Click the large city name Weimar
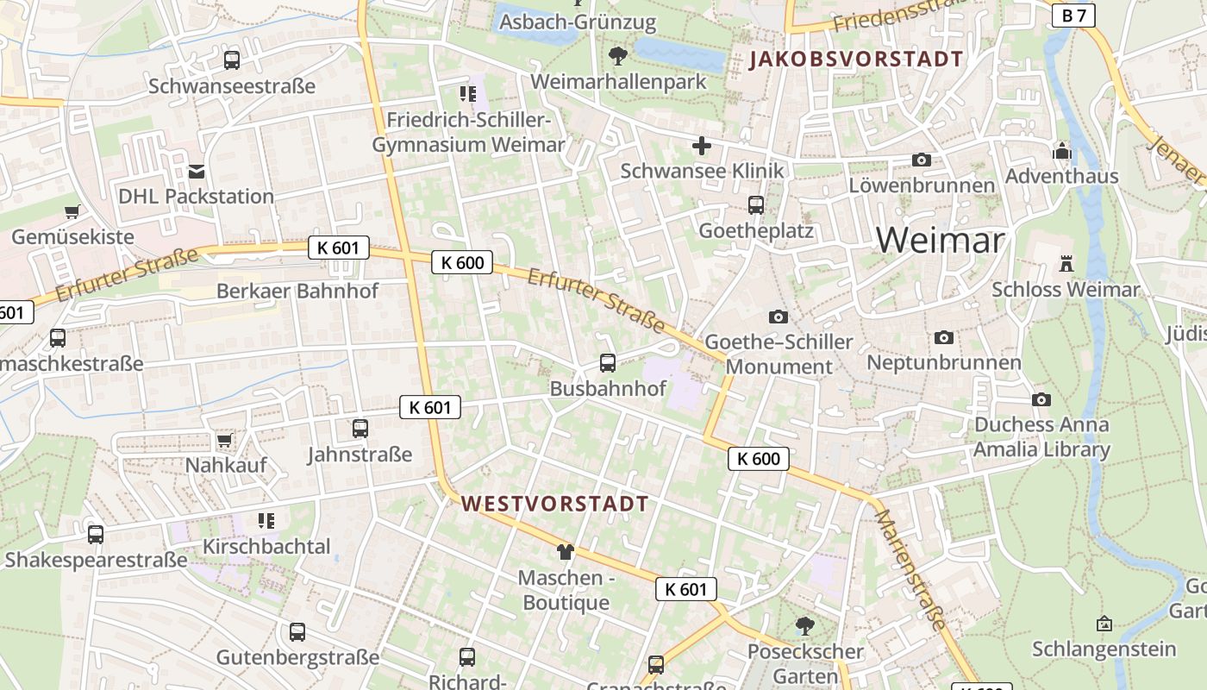coord(941,240)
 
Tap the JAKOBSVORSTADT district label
coord(856,60)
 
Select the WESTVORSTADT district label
coord(555,505)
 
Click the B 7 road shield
coord(1074,15)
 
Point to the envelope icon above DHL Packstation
coord(197,172)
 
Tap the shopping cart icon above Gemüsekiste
coord(72,211)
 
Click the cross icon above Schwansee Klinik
coord(702,146)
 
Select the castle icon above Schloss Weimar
coord(1066,264)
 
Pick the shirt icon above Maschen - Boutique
coord(566,552)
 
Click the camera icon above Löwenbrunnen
coord(922,160)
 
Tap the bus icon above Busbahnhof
coord(608,363)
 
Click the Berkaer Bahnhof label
coord(297,291)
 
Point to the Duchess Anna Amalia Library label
coord(1041,437)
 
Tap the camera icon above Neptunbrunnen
coord(944,337)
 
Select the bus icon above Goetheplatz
coord(756,205)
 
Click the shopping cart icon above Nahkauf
coord(225,441)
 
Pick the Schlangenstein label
coord(1104,649)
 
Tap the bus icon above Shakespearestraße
coord(96,535)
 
